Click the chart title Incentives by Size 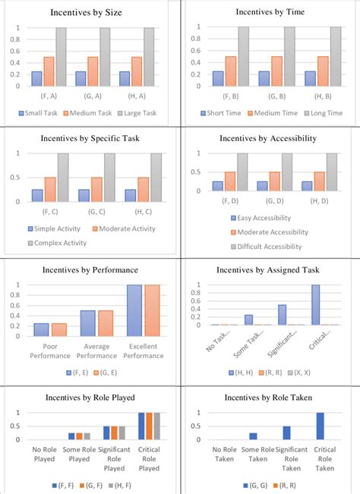[x=90, y=13]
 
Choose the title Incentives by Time [x=269, y=13]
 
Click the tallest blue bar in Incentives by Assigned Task [x=315, y=305]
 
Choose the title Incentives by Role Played [x=90, y=396]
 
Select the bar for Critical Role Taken [x=320, y=426]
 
